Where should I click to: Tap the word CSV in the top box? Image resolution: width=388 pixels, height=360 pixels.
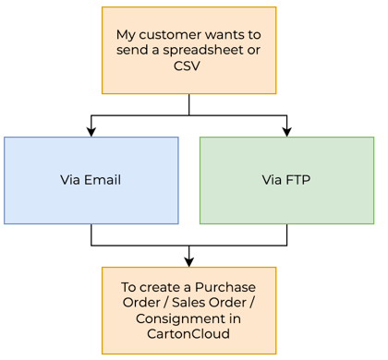(x=188, y=66)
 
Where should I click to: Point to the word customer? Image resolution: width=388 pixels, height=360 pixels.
(x=169, y=34)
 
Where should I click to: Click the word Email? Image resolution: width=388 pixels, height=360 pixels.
(x=103, y=180)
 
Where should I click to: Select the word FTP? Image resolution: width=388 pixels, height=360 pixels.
(x=299, y=180)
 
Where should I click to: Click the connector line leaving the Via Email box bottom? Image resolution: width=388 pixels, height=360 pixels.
(x=91, y=235)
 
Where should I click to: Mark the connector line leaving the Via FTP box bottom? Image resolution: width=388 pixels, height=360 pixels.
(x=286, y=235)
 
